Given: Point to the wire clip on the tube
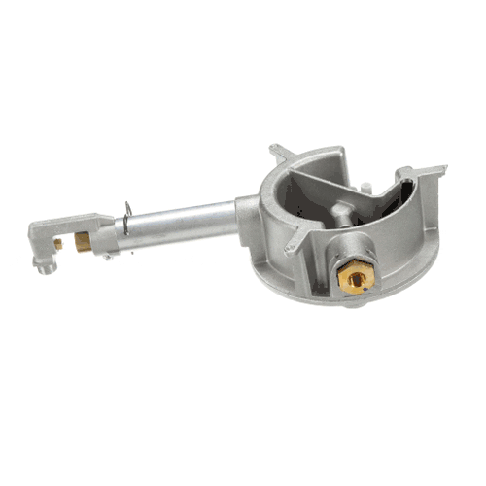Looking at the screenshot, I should coord(127,220).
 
